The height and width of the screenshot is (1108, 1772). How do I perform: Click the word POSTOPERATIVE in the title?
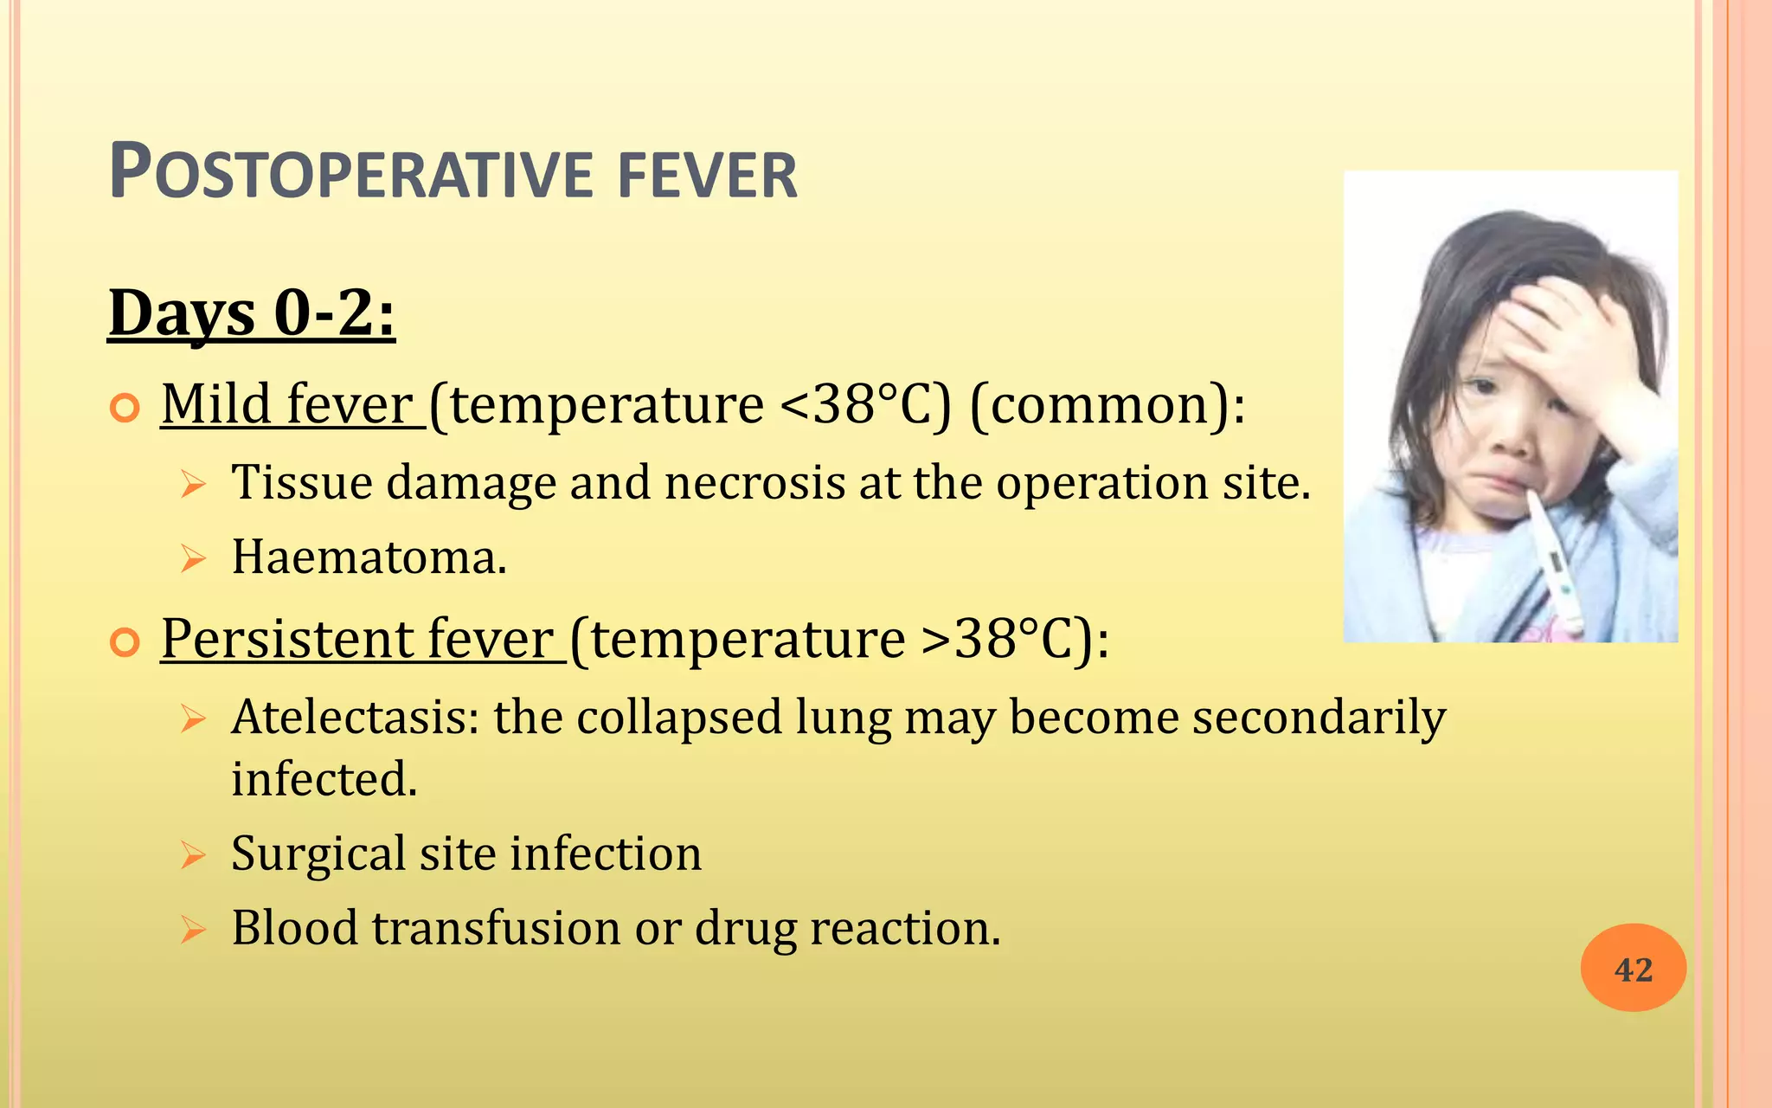[351, 174]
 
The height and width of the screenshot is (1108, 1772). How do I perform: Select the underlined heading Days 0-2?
[252, 313]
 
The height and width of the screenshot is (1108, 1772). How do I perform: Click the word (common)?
[1107, 404]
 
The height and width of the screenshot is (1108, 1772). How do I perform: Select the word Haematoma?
[369, 557]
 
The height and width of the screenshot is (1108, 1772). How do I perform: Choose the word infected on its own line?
[324, 779]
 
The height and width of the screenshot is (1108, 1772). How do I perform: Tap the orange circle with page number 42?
[1633, 968]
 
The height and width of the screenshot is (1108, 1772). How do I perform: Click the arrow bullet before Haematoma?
[193, 558]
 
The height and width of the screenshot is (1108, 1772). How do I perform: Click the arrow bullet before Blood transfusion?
[193, 930]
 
